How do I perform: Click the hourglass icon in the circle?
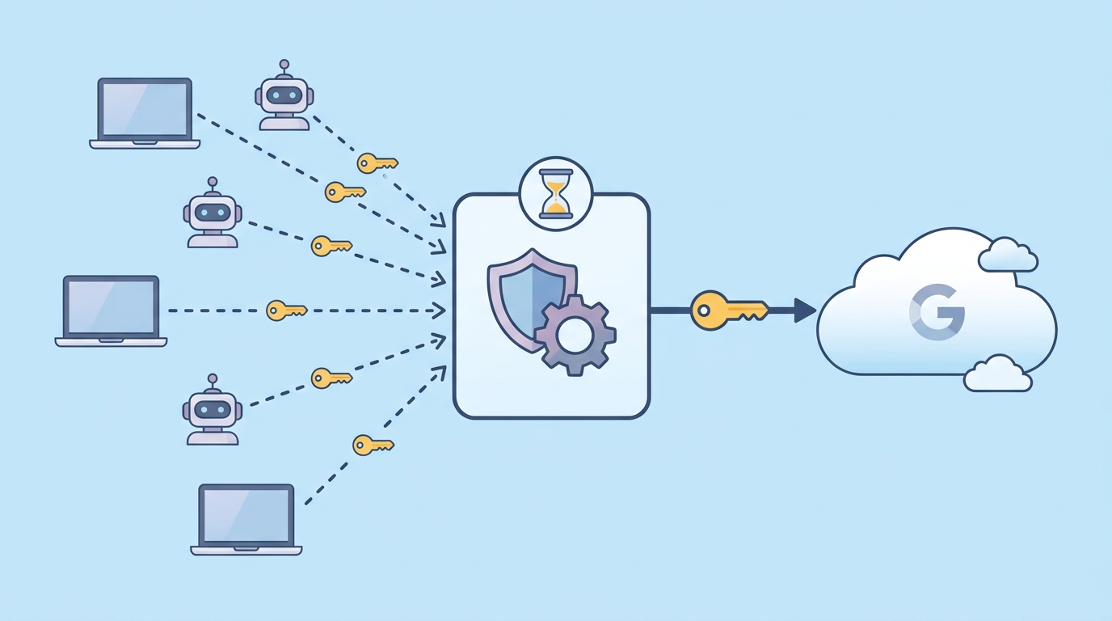click(x=556, y=194)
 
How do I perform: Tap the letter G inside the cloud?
click(x=937, y=312)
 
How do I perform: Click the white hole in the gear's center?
click(x=573, y=336)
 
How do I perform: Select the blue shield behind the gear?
click(x=526, y=298)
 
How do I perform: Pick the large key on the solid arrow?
click(x=729, y=310)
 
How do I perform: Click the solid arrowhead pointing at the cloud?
click(x=805, y=310)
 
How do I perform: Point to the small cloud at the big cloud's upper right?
click(x=1008, y=255)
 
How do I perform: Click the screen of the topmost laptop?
click(x=145, y=109)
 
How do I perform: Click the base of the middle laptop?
click(x=111, y=342)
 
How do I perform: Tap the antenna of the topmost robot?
click(x=284, y=69)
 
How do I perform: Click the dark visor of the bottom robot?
click(x=213, y=410)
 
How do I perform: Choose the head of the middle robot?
click(x=213, y=213)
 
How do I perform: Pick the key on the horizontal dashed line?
click(x=286, y=310)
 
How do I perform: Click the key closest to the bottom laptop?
click(x=373, y=446)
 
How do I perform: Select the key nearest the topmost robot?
click(x=377, y=163)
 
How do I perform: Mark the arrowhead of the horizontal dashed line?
click(x=439, y=310)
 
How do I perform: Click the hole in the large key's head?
click(x=703, y=311)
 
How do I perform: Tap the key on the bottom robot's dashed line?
click(x=331, y=378)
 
